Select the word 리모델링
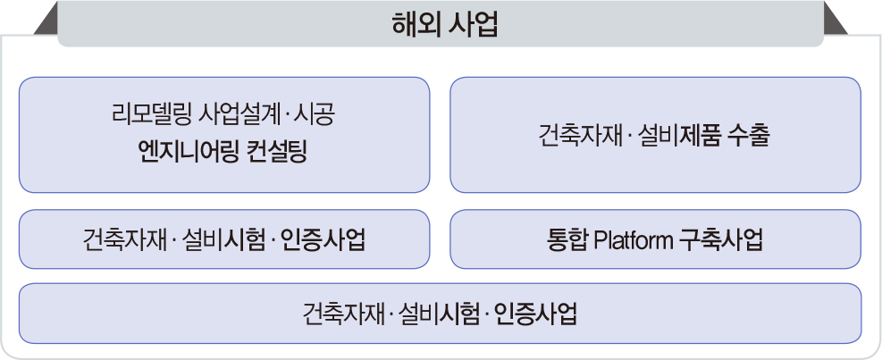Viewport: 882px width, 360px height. pos(151,116)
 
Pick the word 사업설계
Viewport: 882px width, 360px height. pos(241,116)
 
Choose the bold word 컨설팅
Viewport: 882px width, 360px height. pos(277,152)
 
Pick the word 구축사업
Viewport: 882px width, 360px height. pos(721,240)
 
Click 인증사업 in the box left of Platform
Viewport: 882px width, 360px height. pos(323,240)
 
